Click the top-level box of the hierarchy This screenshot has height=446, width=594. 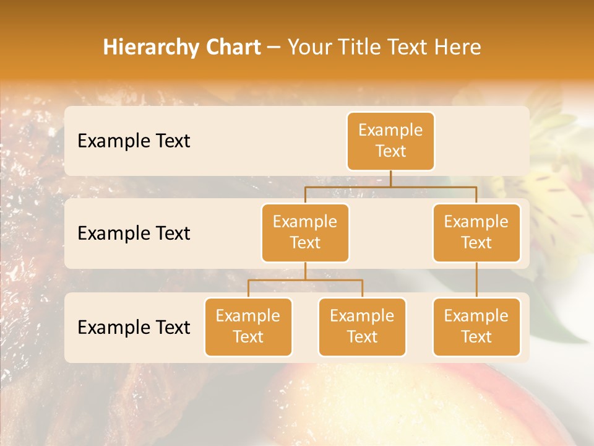(390, 141)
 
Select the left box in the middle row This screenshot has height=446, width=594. (305, 232)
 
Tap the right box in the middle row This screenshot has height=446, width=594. (476, 232)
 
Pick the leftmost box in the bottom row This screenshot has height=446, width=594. (248, 326)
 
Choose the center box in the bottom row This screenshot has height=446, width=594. (362, 326)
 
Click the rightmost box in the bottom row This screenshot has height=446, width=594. (476, 326)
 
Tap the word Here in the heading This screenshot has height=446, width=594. (458, 47)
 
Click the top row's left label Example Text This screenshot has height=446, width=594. (134, 141)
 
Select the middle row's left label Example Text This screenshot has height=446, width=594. (134, 233)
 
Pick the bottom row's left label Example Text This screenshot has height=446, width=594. (134, 327)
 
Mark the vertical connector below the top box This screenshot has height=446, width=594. (390, 178)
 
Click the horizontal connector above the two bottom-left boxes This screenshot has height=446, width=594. (305, 280)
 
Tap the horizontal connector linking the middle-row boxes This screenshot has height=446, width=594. (390, 186)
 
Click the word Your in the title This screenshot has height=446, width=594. (309, 47)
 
